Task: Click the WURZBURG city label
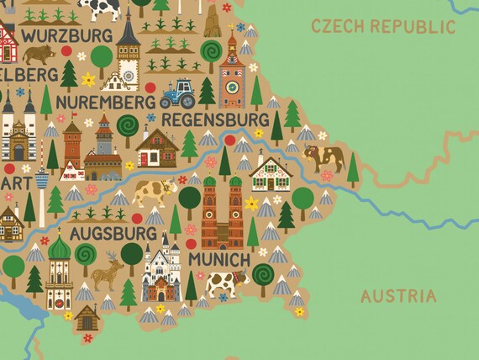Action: pos(67,35)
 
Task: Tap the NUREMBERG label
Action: pos(106,102)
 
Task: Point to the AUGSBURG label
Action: pos(113,231)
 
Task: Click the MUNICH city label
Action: pos(218,259)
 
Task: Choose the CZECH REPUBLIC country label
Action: pos(382,26)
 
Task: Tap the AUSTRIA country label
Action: pos(398,296)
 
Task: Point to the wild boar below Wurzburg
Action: pos(39,56)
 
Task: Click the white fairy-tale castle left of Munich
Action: pos(161,270)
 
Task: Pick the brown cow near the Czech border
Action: pos(324,156)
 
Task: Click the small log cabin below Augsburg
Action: pos(87,318)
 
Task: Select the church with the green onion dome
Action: pos(60,273)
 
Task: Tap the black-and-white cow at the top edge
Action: pos(100,8)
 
